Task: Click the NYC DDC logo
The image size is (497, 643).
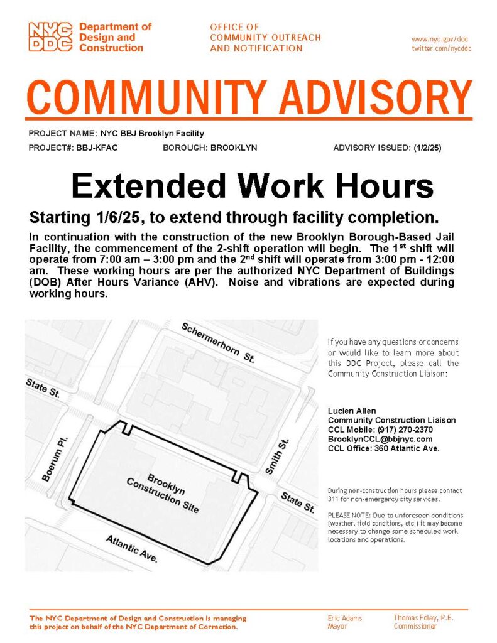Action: (x=52, y=38)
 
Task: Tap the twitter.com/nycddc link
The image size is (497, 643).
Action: (x=441, y=48)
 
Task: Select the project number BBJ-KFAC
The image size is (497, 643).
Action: (x=97, y=148)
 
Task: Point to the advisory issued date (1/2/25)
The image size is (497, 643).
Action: (x=427, y=148)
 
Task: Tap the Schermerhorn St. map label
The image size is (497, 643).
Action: (x=217, y=342)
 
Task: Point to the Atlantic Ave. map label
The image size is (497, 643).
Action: (x=132, y=548)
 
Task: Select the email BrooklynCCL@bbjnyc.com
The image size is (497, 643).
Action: (x=380, y=439)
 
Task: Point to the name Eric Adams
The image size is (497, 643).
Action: (x=345, y=618)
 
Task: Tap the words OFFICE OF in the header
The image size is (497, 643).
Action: (x=234, y=27)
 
